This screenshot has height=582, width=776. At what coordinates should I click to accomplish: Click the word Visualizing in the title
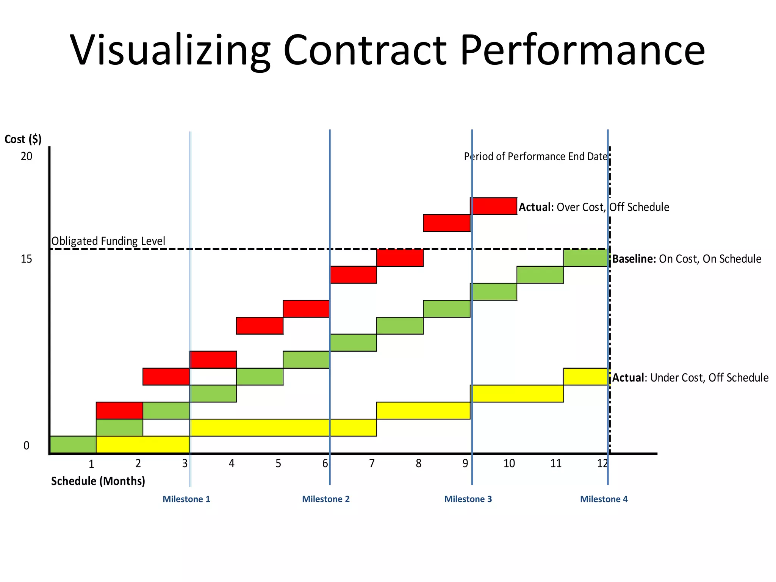click(170, 50)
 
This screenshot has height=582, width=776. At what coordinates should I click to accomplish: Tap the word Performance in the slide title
click(582, 50)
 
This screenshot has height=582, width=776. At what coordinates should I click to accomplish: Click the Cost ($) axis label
click(23, 139)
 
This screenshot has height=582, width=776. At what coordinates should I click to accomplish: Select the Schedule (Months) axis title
click(98, 481)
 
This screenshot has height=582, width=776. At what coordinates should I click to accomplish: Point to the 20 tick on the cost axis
click(27, 156)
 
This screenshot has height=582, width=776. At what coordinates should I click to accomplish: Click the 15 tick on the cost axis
click(27, 259)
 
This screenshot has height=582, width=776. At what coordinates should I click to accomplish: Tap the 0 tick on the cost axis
click(26, 446)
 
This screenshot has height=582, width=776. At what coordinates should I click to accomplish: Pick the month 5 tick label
click(278, 463)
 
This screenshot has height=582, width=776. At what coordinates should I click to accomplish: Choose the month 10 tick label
click(509, 463)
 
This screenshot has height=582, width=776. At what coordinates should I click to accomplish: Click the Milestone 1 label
click(186, 499)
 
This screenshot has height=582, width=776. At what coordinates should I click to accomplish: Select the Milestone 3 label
click(468, 499)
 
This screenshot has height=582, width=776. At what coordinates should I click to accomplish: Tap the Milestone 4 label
click(604, 499)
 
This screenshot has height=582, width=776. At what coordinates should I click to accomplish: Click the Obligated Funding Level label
click(108, 241)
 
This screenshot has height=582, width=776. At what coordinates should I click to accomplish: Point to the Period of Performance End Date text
click(536, 156)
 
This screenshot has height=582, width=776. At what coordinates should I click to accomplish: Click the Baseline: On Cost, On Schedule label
click(687, 259)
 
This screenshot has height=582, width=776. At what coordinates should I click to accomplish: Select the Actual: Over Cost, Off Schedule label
click(594, 207)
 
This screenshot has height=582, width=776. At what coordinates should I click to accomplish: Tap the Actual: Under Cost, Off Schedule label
click(690, 378)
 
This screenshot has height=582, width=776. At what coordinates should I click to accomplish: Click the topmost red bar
click(493, 206)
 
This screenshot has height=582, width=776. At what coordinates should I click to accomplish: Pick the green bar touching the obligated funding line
click(586, 258)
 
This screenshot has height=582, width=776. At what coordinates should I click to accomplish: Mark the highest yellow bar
click(586, 377)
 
